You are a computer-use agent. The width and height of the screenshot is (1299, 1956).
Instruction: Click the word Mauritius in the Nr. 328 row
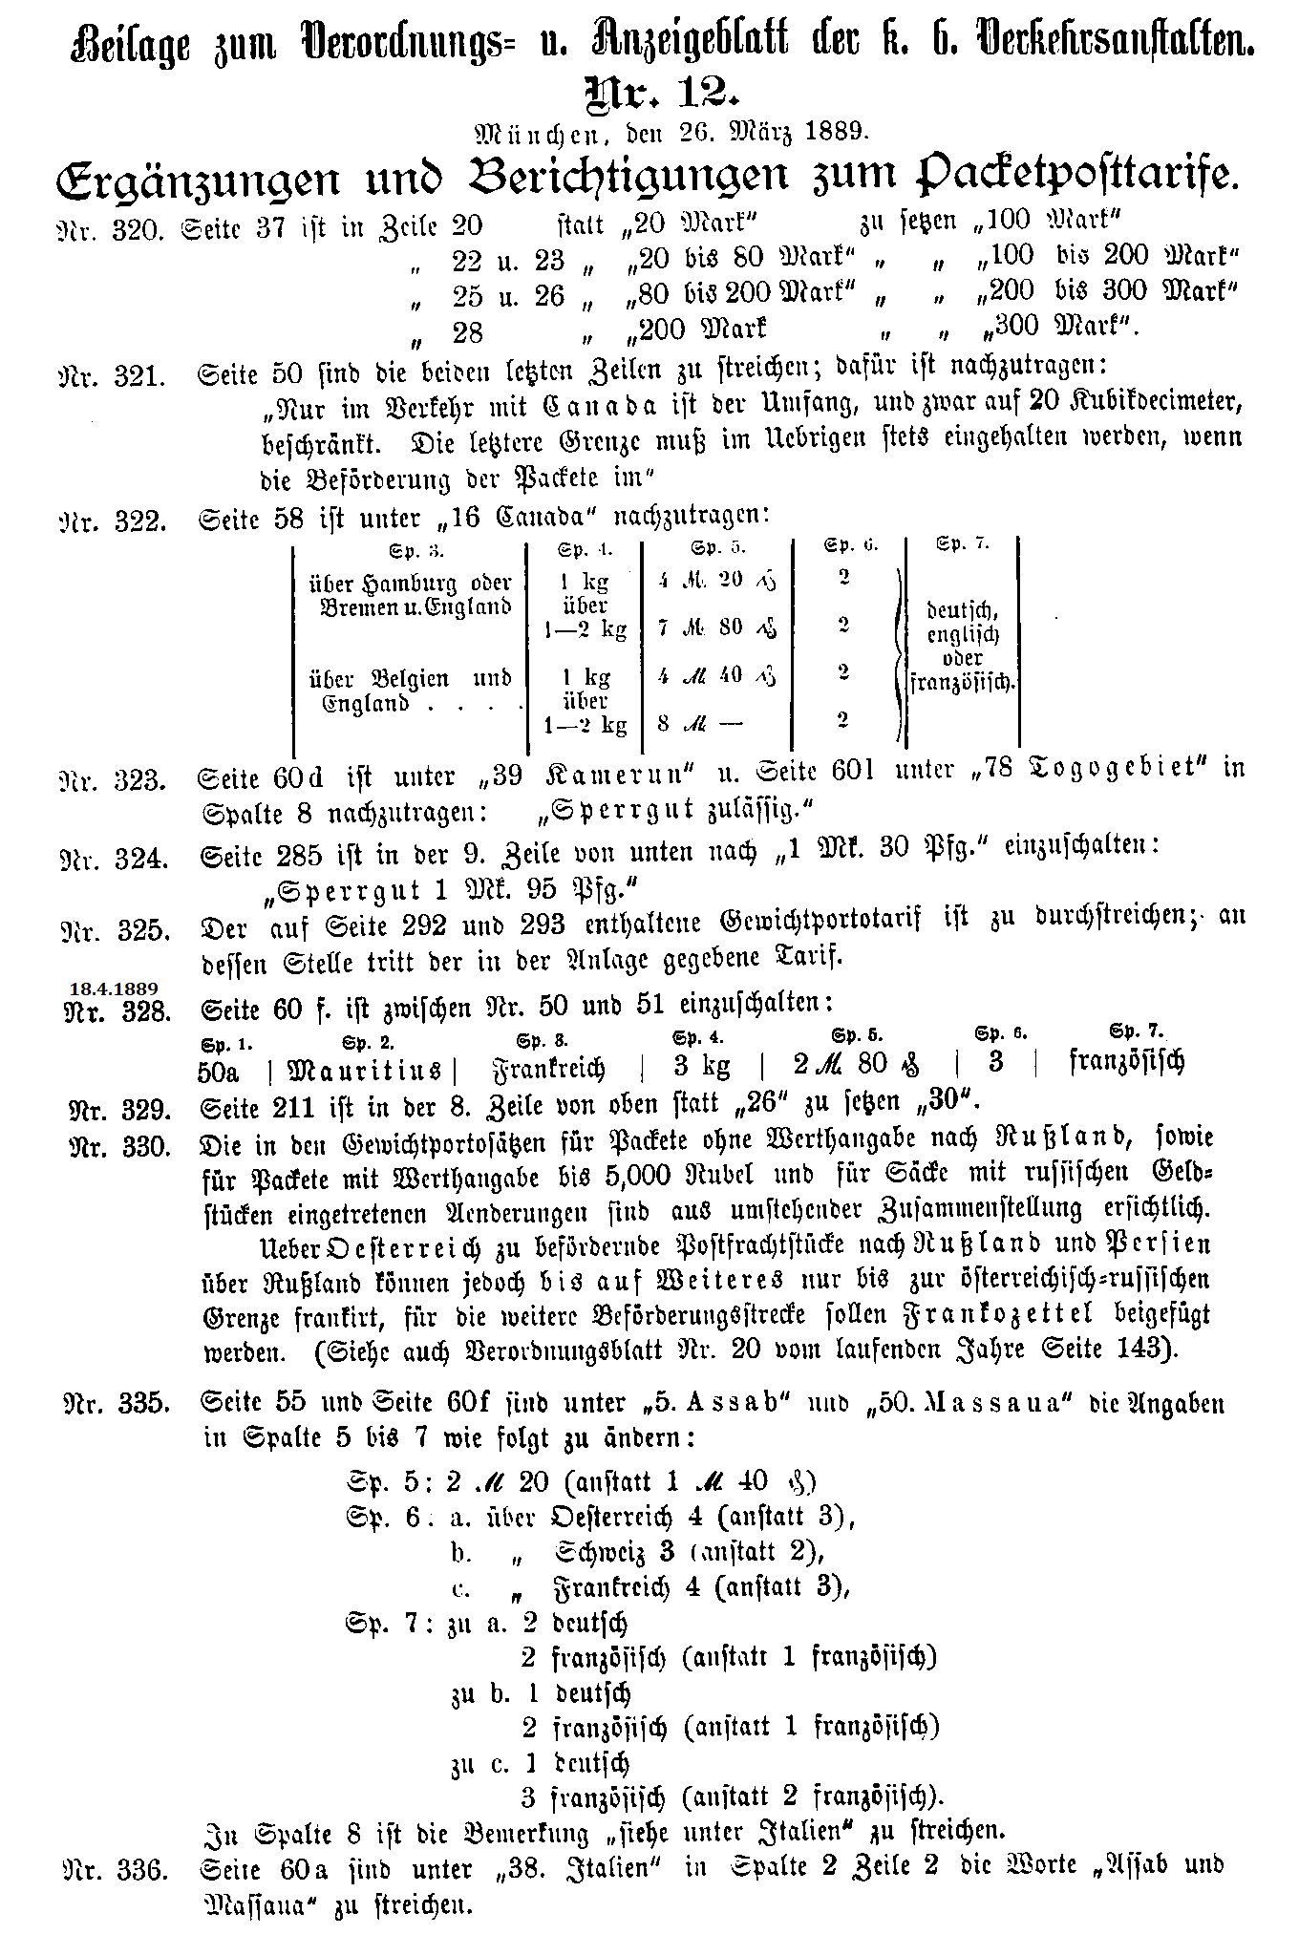(365, 1069)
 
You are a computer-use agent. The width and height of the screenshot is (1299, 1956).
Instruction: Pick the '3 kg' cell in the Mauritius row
(701, 1065)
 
